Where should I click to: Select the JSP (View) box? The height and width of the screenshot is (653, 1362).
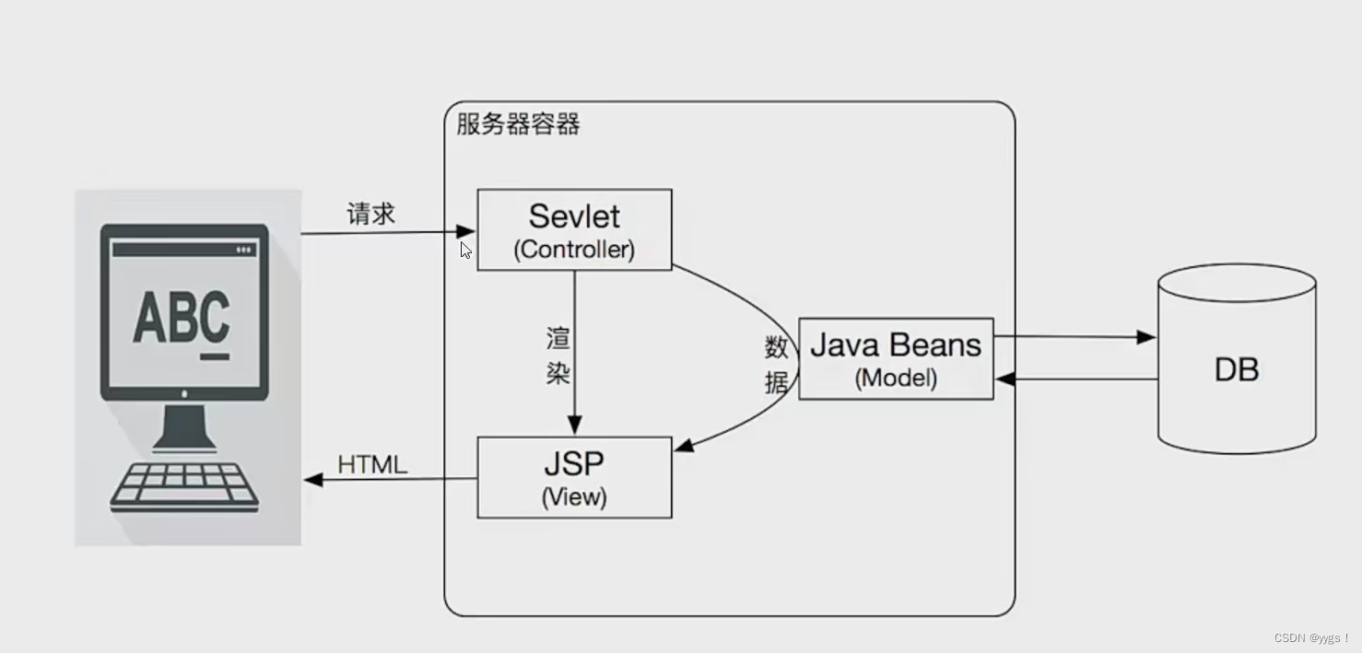(573, 476)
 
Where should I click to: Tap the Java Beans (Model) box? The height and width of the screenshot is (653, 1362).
(895, 358)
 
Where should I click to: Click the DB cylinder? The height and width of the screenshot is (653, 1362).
(1236, 368)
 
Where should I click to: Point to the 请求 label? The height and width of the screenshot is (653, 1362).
(370, 215)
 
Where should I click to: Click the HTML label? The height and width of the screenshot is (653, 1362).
(372, 465)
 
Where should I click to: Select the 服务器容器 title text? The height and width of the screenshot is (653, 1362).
(518, 124)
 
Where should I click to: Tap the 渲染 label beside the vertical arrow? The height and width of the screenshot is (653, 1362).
(558, 356)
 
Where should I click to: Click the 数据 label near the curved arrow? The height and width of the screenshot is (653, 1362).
(777, 365)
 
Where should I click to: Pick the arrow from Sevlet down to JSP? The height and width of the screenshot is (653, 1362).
(575, 350)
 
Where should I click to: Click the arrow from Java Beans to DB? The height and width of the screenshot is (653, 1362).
(1074, 337)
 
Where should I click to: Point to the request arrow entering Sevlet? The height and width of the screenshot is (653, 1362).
(387, 232)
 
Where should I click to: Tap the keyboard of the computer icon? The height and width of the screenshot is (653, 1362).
(184, 486)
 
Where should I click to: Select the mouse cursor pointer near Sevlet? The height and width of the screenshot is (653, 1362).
(466, 250)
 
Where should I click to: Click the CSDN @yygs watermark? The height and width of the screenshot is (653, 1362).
(1311, 638)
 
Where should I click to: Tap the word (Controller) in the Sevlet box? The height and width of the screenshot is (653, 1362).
(574, 249)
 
